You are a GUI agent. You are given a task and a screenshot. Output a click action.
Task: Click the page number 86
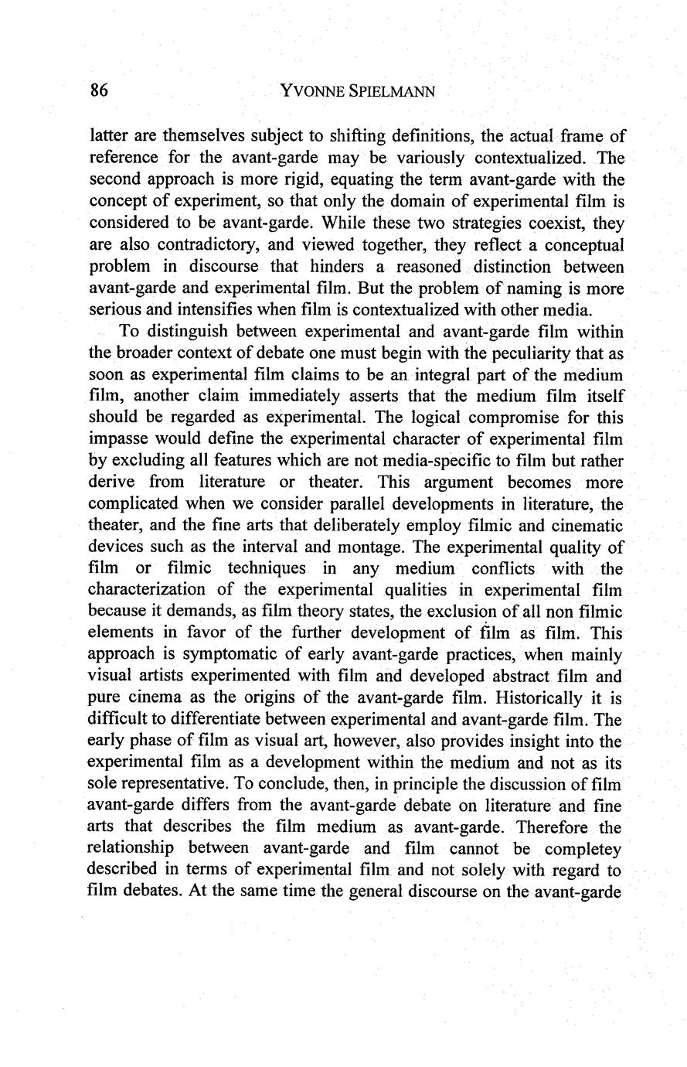pos(99,90)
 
